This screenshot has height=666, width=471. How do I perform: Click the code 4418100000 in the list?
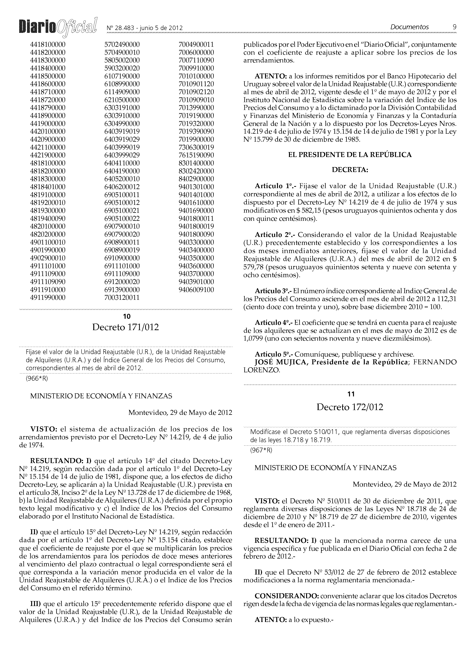point(48,45)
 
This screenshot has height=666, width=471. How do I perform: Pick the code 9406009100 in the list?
point(196,290)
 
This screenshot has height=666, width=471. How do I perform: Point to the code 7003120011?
point(122,298)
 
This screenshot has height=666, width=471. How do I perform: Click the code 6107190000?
point(122,76)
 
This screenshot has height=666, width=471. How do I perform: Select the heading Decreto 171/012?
point(126,327)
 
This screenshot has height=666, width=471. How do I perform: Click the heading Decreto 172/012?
point(350,407)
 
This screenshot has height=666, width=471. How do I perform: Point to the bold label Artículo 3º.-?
point(273,291)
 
